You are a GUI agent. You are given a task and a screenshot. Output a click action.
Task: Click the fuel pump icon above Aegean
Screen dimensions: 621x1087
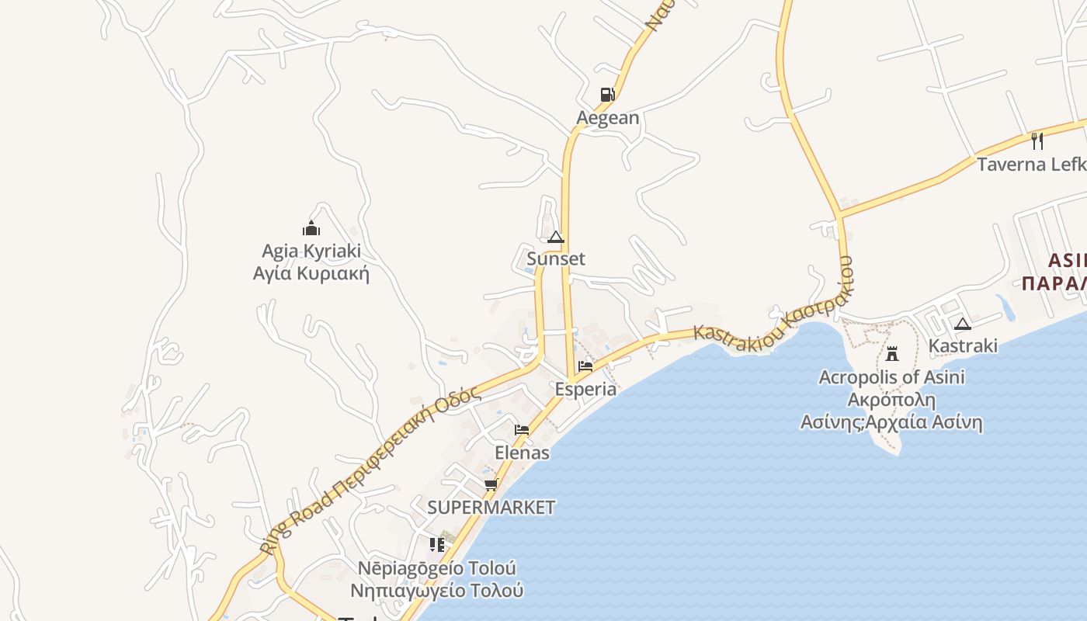(x=607, y=95)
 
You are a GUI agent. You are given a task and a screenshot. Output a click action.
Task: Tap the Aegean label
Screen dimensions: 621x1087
(x=608, y=118)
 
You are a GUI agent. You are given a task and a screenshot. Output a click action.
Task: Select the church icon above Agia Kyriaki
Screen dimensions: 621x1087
(x=311, y=228)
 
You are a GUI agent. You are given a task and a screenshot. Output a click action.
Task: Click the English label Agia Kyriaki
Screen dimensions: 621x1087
(x=311, y=252)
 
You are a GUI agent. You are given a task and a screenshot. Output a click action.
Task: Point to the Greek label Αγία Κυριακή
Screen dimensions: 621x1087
(x=311, y=273)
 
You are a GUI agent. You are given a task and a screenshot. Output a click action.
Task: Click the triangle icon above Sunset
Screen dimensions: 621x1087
(x=556, y=237)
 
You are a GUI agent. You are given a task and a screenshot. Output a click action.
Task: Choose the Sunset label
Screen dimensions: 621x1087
(x=556, y=258)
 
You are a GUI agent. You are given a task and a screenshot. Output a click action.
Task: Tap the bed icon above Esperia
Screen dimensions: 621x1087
(x=585, y=366)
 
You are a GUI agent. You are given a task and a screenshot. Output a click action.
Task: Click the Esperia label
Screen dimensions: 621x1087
(x=586, y=389)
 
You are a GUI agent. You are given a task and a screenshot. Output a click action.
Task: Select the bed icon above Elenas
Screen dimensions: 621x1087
(x=522, y=430)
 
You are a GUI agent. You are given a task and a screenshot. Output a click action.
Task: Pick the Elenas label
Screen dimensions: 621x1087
(x=523, y=453)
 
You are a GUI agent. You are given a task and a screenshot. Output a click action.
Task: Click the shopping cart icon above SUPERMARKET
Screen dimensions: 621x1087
(x=491, y=485)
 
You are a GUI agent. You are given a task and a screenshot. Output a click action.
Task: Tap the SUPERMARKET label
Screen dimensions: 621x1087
(x=491, y=508)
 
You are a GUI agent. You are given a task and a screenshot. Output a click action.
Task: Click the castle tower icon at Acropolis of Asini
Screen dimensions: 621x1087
(x=892, y=355)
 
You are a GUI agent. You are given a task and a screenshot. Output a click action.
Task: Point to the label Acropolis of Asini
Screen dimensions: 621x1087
(x=892, y=377)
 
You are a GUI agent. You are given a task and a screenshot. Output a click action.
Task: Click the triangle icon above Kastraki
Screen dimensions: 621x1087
(x=963, y=324)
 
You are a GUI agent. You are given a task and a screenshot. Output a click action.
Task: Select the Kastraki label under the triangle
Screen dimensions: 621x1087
(x=963, y=345)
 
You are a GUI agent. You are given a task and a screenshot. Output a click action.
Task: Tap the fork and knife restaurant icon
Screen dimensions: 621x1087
(x=1037, y=141)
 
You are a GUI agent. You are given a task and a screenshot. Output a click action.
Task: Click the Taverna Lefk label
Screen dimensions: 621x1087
(x=1031, y=165)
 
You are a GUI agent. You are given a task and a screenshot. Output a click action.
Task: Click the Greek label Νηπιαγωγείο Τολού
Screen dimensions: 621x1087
(x=437, y=590)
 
